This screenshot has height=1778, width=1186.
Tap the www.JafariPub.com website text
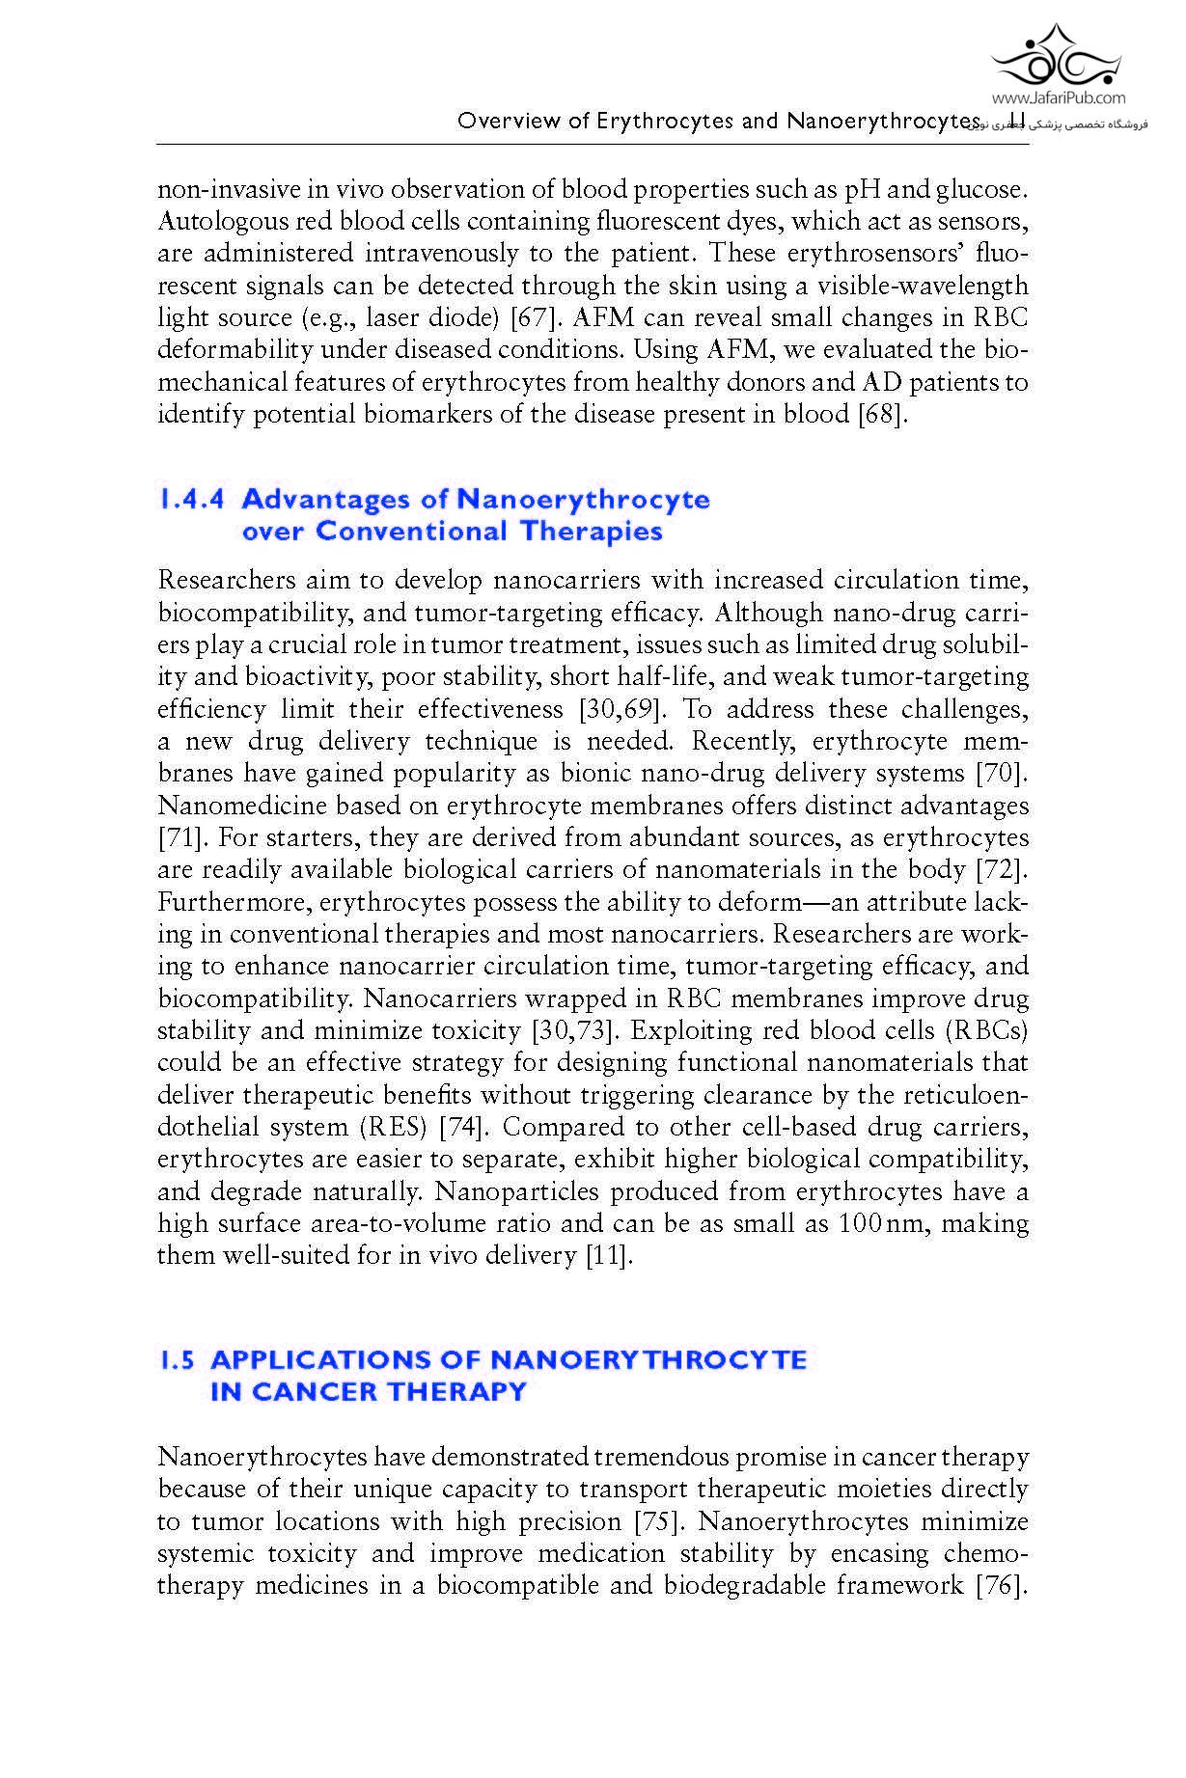[1058, 97]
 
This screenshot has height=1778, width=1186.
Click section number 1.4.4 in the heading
[191, 500]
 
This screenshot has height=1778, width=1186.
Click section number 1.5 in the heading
[178, 1360]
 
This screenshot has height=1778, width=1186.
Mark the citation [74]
[465, 1128]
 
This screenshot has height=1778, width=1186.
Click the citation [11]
[609, 1256]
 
